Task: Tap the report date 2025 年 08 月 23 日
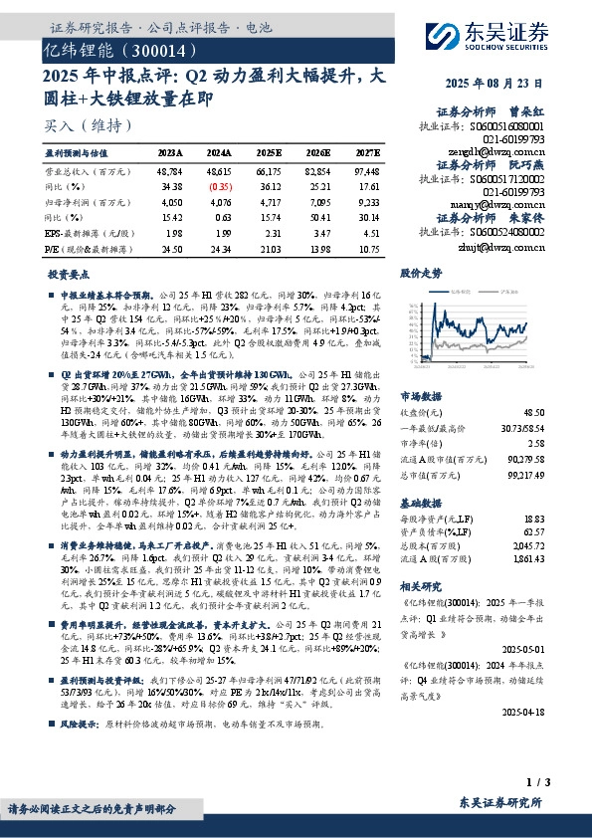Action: coord(510,84)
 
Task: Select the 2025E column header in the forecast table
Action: coord(269,153)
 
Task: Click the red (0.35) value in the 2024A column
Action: coord(221,186)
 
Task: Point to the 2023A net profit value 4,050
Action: coord(170,201)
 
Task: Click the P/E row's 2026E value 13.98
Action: coord(318,248)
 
